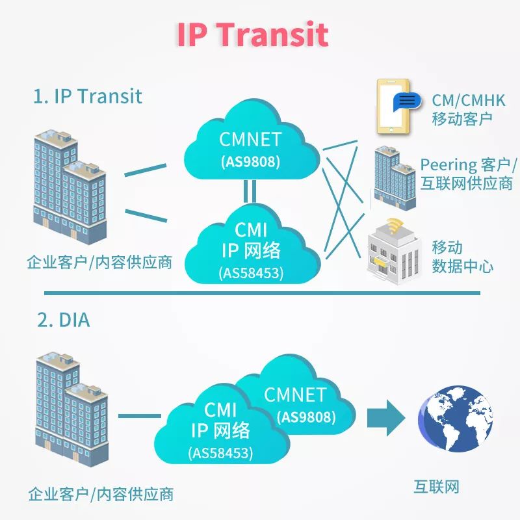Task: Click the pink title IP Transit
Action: point(252,34)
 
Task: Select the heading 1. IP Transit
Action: point(87,96)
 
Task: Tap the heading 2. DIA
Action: point(63,320)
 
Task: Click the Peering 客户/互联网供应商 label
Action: point(467,174)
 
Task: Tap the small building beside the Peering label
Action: point(394,177)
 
